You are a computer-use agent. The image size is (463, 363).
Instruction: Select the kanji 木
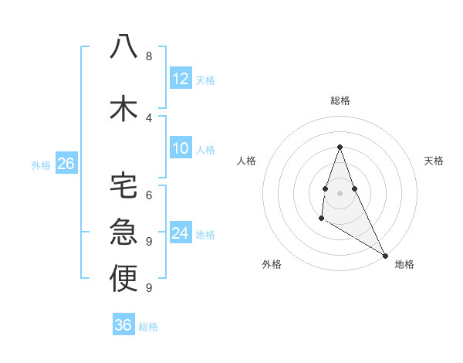coord(123,107)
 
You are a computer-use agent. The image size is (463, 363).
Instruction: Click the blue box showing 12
coord(180,79)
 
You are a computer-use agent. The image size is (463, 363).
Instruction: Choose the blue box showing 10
coord(180,148)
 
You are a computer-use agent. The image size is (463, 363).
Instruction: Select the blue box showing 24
coord(180,233)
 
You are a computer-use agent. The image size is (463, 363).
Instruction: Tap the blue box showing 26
coord(66,163)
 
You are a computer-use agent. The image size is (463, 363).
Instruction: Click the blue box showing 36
coord(123,325)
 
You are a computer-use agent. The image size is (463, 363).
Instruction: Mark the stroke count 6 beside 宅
coord(149,195)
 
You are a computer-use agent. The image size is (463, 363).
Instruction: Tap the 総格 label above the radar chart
coord(340,100)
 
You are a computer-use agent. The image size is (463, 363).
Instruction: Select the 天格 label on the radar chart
coord(434,161)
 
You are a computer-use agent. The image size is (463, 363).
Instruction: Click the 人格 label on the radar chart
coord(247,161)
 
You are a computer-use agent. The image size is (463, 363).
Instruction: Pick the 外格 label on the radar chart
coord(271,264)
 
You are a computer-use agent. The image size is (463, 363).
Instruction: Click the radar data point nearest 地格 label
coord(385,255)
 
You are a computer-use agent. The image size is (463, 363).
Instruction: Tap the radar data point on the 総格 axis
coord(340,147)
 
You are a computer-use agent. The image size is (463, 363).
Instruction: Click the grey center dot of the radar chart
coord(340,192)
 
